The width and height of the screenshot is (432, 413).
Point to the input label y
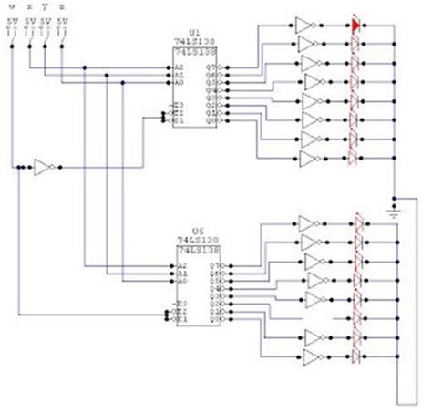coord(46,6)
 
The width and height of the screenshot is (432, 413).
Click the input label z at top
coord(61,6)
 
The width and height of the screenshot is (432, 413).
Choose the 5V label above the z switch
coord(61,19)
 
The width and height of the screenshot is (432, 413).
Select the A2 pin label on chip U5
coord(182,266)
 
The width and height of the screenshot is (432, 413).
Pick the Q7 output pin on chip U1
coord(217,67)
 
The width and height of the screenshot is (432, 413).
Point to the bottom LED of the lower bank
coord(358,357)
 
